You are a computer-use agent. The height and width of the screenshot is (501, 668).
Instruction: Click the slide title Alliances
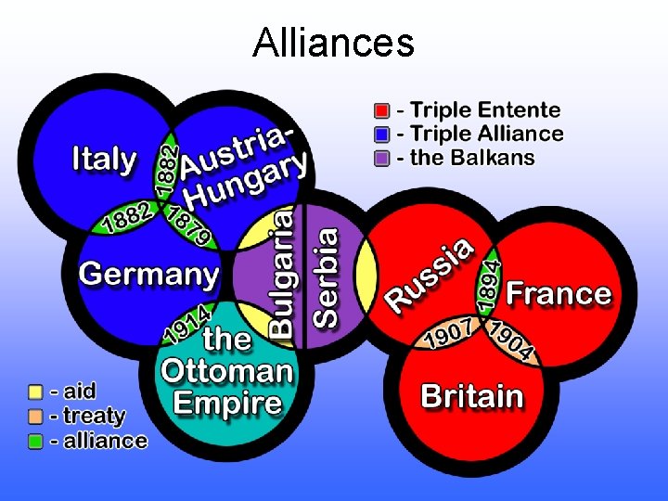coord(333,42)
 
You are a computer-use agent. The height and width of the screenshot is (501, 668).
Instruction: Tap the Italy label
coord(104,159)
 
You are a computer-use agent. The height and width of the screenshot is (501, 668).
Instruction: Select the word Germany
coord(148,274)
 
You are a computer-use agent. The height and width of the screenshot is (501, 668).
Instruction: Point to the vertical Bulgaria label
coord(282,272)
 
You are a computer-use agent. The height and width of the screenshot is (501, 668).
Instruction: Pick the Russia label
coord(430,275)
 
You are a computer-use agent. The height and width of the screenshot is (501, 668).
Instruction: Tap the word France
coord(559,294)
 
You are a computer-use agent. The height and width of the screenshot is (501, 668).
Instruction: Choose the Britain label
coord(472,396)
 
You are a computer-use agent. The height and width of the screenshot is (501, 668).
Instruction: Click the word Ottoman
coord(226,371)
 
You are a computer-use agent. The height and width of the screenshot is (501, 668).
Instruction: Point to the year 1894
coord(491,279)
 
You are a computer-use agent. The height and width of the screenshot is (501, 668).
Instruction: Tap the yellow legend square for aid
coord(36,392)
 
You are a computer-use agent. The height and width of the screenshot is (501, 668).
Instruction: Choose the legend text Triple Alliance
coord(481,134)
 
